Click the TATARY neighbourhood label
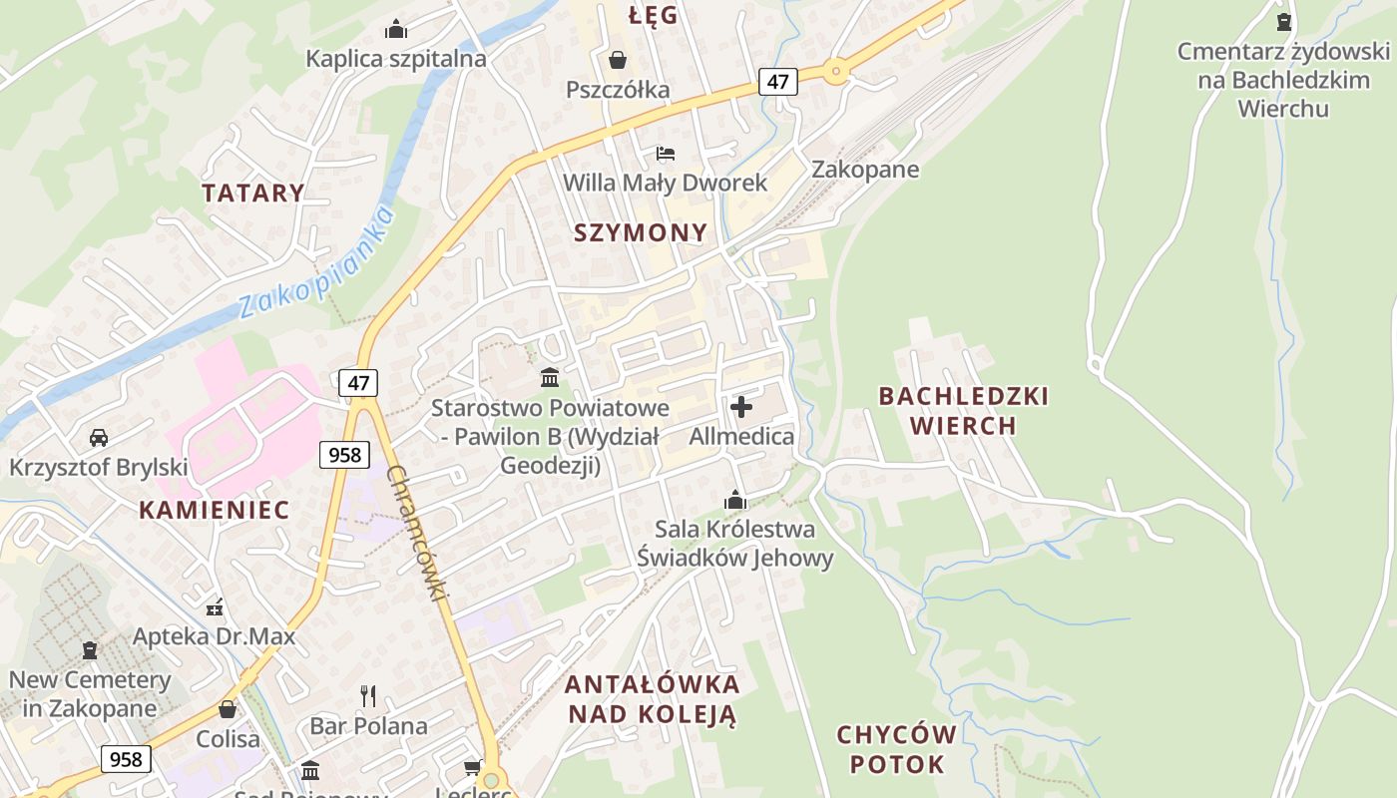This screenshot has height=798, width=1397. coord(253,193)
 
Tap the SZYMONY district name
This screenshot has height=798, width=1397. coord(641,232)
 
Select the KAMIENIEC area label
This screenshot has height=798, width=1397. coord(214,510)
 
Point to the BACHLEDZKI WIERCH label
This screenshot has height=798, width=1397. coord(963,411)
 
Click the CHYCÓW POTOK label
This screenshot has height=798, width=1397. coord(896,749)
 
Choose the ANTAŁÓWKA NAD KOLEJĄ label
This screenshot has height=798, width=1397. coord(653,699)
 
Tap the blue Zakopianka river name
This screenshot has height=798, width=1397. coord(317,261)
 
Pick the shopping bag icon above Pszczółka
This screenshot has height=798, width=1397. coord(618,60)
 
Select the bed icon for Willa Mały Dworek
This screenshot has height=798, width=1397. coord(666,154)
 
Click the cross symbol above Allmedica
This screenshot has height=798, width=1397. coord(741,407)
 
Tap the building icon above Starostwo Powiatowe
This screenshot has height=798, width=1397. coord(550,377)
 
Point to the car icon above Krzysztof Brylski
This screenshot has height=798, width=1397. coord(99,437)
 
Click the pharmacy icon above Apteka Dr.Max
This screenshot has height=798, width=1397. coord(215,606)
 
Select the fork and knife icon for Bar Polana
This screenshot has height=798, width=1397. coord(368,695)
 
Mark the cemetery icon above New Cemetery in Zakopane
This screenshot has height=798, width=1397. coord(90,650)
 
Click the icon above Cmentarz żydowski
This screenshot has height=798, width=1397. coord(1284,21)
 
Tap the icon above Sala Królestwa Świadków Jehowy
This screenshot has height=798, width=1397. coord(735,499)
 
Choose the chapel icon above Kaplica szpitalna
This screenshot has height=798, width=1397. coord(396,29)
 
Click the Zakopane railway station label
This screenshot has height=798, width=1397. coord(865,169)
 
